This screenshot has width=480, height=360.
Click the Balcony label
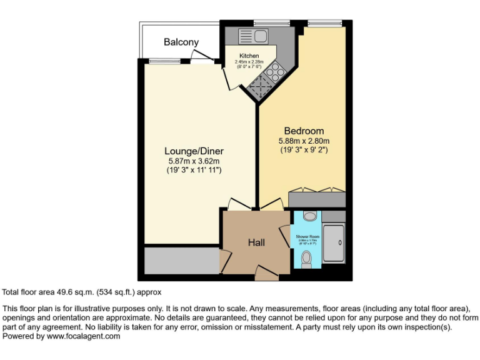pos(181,42)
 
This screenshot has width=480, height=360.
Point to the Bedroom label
pos(304,131)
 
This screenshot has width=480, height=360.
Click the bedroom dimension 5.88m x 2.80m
pos(304,141)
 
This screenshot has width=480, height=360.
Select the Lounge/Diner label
pos(194,151)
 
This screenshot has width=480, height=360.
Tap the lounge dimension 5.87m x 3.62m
pos(194,161)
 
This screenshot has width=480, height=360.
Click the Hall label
pos(257,242)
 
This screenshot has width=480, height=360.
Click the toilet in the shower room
pos(306,259)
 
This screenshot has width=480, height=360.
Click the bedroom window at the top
pos(325,23)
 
